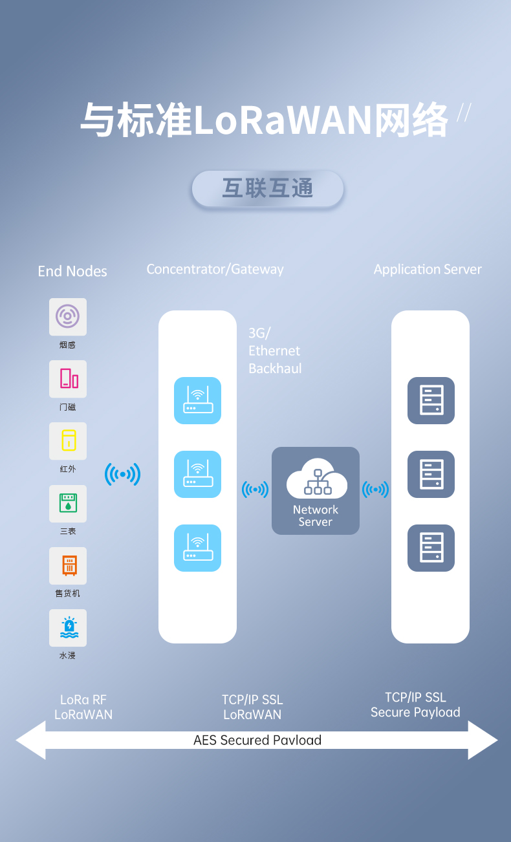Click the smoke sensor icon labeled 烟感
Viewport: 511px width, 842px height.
[68, 317]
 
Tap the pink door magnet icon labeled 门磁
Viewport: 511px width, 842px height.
[68, 379]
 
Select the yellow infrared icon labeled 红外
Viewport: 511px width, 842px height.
[68, 441]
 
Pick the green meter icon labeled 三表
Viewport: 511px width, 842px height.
[68, 503]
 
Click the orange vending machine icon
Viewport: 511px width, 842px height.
[68, 565]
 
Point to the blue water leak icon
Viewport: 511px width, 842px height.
[68, 627]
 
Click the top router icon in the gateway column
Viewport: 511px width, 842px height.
[197, 400]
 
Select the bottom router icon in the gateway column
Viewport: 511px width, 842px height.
[197, 548]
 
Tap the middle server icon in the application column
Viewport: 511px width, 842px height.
[431, 474]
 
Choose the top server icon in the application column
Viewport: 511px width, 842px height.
[431, 400]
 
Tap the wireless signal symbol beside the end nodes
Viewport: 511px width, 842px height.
[122, 475]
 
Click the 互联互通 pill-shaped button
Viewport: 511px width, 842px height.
[267, 189]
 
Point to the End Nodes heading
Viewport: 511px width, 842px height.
[72, 272]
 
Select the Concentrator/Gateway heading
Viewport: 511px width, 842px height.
[215, 269]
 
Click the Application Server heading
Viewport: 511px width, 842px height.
[428, 269]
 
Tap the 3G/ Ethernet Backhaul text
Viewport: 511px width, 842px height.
[275, 351]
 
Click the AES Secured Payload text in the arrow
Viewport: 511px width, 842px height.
[257, 740]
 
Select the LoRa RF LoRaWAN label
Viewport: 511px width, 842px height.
[83, 707]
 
